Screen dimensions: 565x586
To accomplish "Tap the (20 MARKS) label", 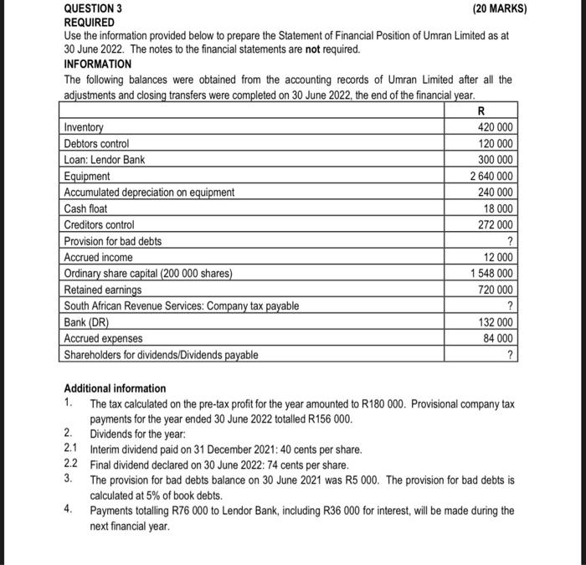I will [500, 8].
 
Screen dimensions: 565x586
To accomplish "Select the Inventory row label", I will [85, 128].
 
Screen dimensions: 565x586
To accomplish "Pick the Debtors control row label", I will [97, 144].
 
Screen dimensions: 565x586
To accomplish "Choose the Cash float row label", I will [86, 208].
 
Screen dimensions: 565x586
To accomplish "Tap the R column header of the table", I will [480, 111].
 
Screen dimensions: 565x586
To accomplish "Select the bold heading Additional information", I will [116, 388].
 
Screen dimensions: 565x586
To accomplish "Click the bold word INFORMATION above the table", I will [98, 64].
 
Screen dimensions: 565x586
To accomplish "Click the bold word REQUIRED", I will [90, 23].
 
